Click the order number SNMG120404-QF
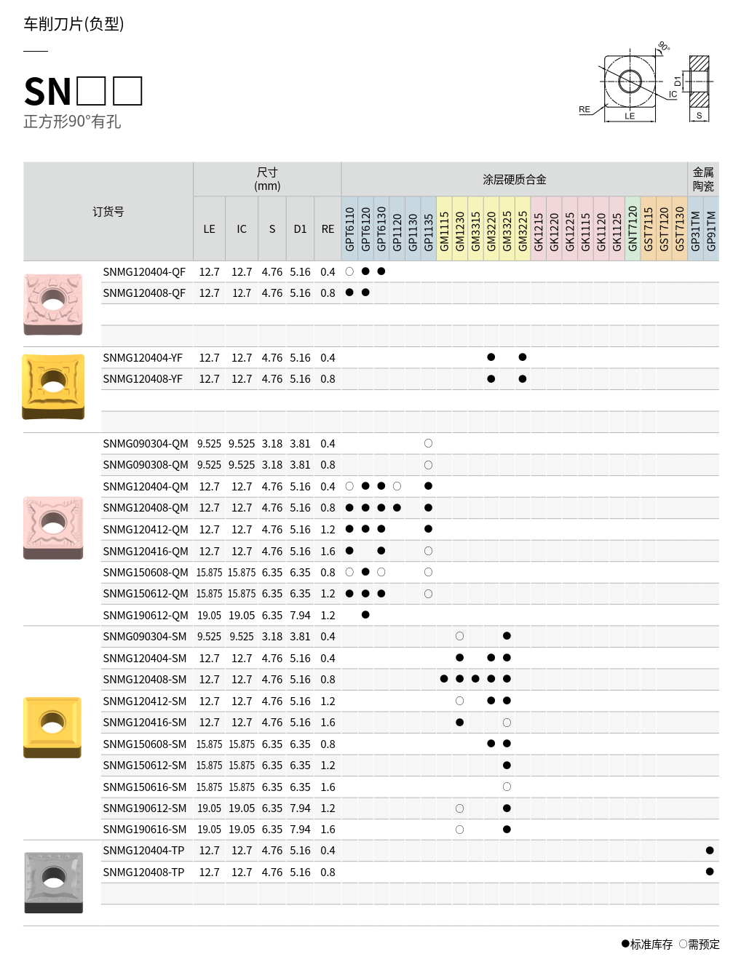point(144,272)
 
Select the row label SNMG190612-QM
point(146,616)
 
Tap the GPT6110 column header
point(349,229)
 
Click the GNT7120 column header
point(633,229)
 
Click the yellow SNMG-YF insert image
point(53,386)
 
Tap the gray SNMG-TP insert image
point(53,882)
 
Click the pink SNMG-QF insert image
point(53,304)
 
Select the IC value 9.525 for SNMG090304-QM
point(242,444)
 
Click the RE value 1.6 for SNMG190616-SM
point(328,830)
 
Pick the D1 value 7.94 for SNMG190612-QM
point(300,616)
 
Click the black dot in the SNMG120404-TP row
point(710,851)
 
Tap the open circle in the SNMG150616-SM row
point(507,787)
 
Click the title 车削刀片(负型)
point(74,24)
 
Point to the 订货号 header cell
point(108,212)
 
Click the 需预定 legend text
point(703,945)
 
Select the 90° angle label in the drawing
point(663,47)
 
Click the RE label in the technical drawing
point(585,110)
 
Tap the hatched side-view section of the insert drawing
point(699,81)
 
